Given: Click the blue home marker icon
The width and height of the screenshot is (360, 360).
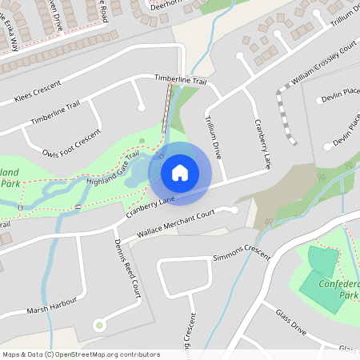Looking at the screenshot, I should [x=180, y=172].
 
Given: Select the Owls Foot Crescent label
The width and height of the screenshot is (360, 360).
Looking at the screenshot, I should [x=73, y=141].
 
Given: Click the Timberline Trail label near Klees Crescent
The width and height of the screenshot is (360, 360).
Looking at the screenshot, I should [x=55, y=112].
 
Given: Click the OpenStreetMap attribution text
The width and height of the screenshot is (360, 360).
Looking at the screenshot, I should [x=80, y=354].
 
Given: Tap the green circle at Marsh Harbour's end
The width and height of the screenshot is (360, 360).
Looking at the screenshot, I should [x=98, y=325].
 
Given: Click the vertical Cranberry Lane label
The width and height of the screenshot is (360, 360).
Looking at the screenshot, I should [x=262, y=144].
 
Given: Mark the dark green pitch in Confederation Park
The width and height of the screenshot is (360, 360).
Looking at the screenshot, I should [x=323, y=262].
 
